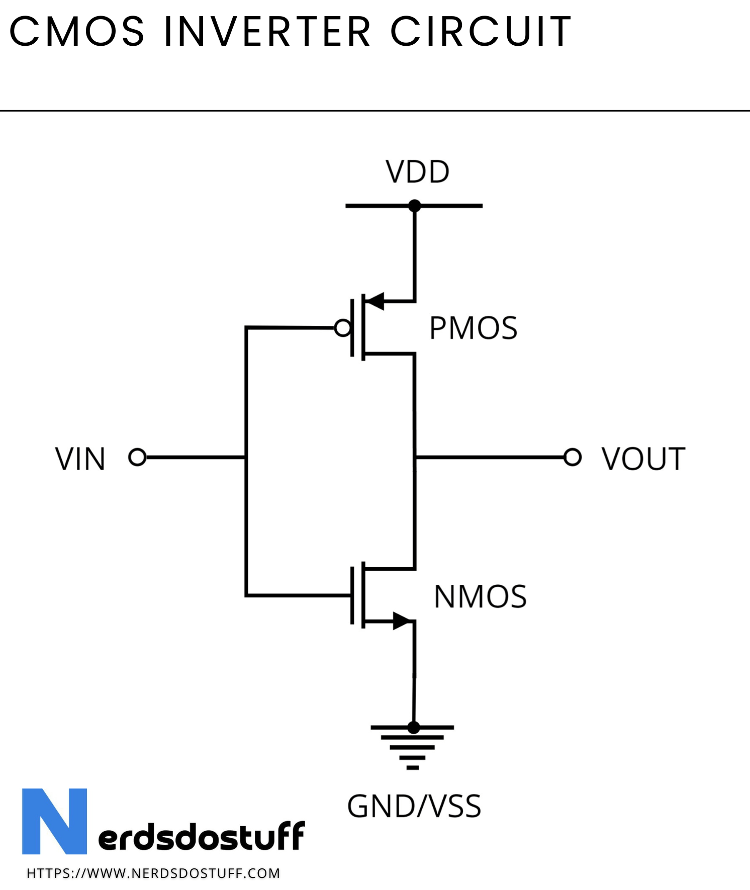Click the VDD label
(x=417, y=172)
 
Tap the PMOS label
(x=473, y=328)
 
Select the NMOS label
(x=480, y=597)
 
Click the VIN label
(x=80, y=459)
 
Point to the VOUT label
(x=643, y=459)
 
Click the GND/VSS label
(x=414, y=806)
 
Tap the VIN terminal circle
(x=137, y=457)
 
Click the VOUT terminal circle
(x=573, y=457)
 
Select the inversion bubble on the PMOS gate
(x=343, y=328)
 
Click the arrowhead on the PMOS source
(x=374, y=301)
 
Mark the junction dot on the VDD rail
(x=415, y=206)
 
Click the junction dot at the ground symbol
(x=413, y=727)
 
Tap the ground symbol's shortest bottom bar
(x=413, y=768)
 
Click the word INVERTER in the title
(x=267, y=32)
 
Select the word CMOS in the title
(x=77, y=32)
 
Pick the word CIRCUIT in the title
(x=481, y=32)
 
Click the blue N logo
(x=54, y=821)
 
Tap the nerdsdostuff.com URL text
(x=153, y=873)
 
